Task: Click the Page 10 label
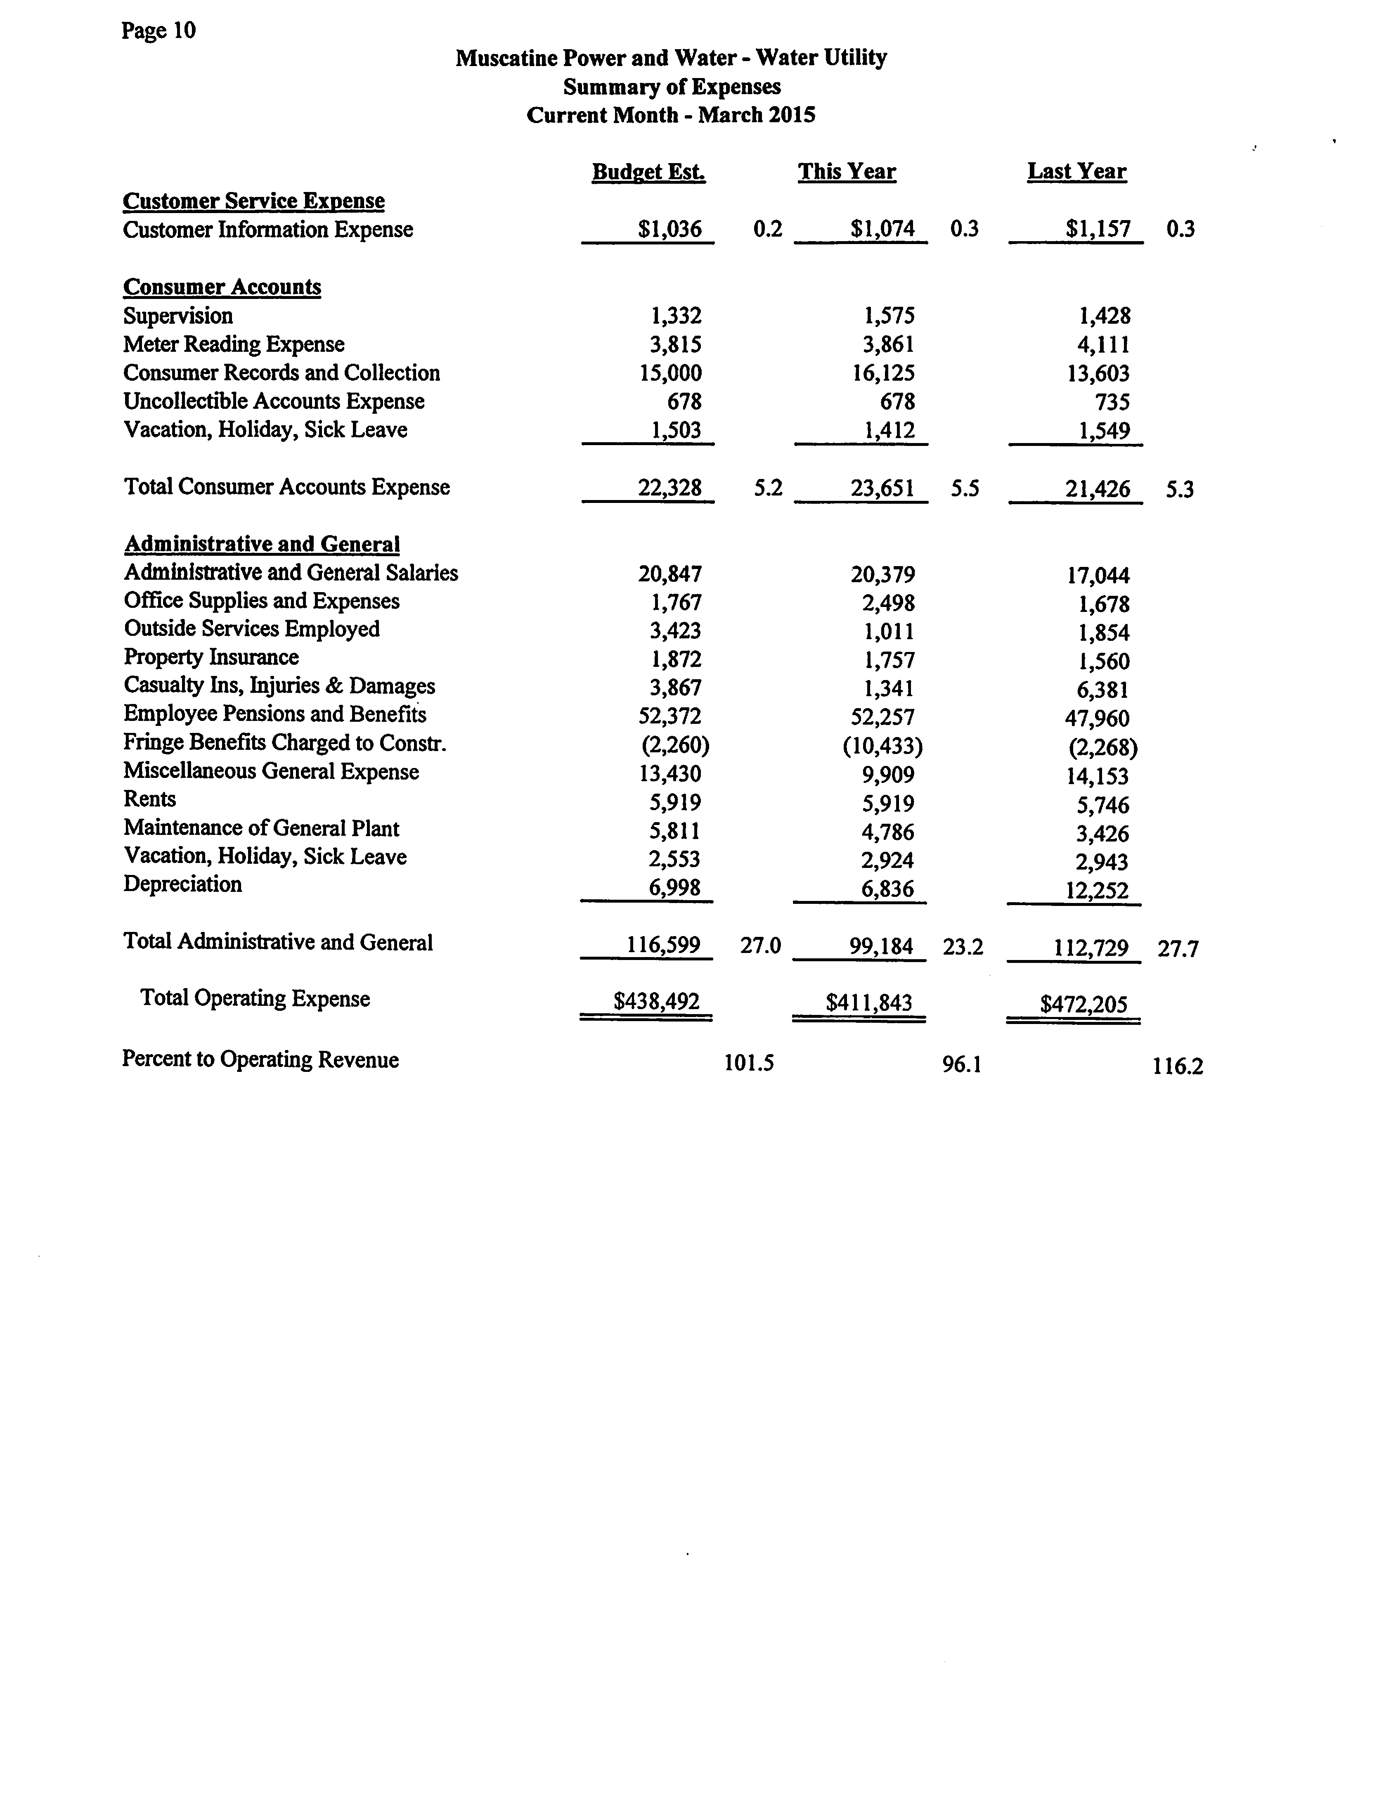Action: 158,31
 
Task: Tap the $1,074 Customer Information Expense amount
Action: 882,230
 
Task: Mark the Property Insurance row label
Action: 211,657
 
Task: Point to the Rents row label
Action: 150,799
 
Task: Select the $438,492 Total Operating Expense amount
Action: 657,1002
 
